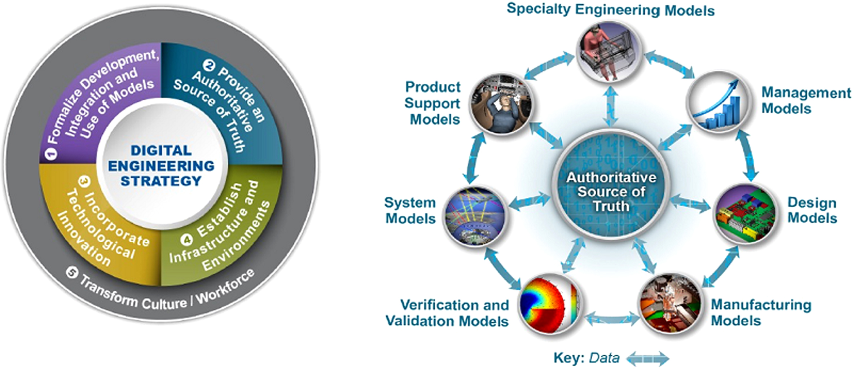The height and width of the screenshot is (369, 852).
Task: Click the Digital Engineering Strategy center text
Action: tap(161, 166)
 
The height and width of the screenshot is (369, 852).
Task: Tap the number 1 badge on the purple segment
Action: tap(51, 154)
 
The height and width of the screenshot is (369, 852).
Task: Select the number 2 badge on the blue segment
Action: tap(209, 65)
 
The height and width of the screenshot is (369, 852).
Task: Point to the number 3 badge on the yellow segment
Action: tap(84, 181)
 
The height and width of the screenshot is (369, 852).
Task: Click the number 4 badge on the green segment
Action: tap(186, 240)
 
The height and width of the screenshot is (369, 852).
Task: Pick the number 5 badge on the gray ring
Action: tap(72, 273)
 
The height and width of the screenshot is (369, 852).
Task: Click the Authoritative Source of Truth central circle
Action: tap(611, 191)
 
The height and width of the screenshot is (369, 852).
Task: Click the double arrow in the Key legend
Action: tap(648, 359)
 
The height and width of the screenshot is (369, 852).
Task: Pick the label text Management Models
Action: tap(805, 101)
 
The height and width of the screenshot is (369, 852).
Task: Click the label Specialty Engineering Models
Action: tap(610, 10)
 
